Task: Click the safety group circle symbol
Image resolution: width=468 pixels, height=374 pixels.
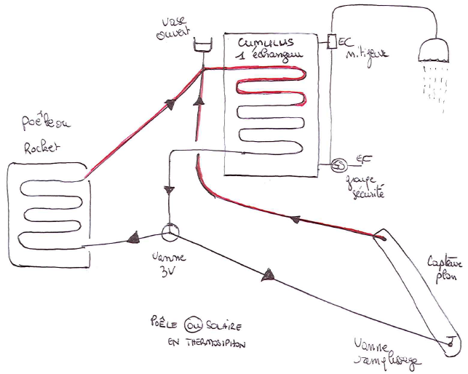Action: (x=338, y=164)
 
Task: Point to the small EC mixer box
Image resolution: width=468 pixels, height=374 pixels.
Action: (x=333, y=41)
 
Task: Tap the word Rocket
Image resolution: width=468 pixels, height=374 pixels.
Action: (x=37, y=146)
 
